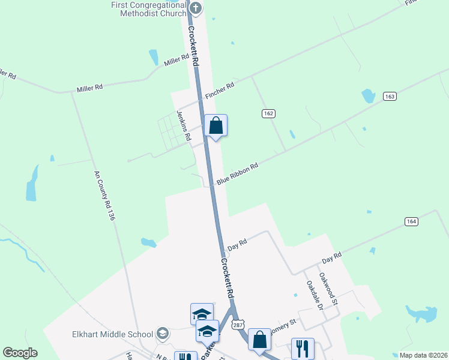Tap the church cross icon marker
[x=196, y=8]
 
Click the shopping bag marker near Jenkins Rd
[x=216, y=126]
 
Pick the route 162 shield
[x=268, y=113]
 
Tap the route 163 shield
[x=390, y=97]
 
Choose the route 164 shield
[x=411, y=221]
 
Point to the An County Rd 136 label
[x=103, y=197]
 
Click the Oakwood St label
[x=329, y=289]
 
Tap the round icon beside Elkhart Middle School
[x=162, y=333]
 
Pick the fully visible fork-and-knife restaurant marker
[x=302, y=348]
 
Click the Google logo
[x=20, y=353]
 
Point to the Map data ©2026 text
[x=423, y=355]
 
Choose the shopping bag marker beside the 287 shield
[x=259, y=340]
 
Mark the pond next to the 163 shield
[x=368, y=95]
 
